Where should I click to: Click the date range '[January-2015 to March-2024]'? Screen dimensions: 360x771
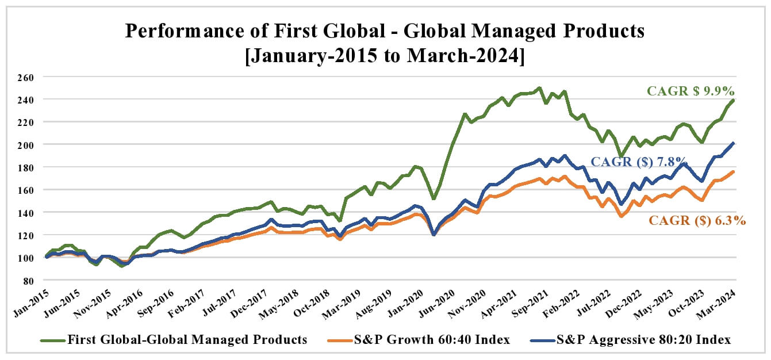click(x=385, y=56)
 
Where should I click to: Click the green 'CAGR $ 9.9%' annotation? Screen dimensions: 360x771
click(x=691, y=91)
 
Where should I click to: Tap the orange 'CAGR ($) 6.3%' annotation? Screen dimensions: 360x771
click(x=697, y=220)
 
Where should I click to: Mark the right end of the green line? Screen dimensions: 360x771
click(x=734, y=100)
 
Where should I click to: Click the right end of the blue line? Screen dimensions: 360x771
click(x=734, y=143)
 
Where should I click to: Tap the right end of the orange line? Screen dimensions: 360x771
click(x=734, y=171)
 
